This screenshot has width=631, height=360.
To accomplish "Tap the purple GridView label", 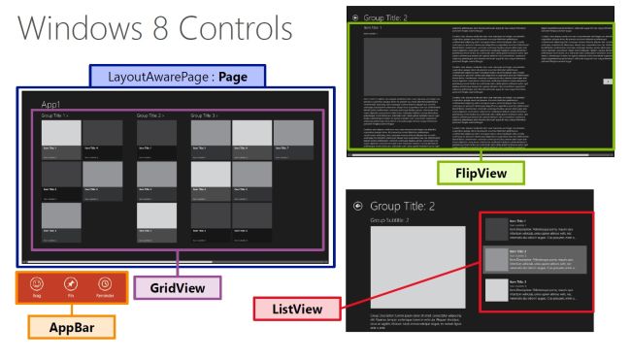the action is [x=178, y=288].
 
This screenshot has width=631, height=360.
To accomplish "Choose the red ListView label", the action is [x=290, y=309].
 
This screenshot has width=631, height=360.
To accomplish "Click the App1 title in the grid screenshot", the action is [x=51, y=103].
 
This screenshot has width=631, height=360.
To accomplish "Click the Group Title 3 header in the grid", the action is [x=205, y=115].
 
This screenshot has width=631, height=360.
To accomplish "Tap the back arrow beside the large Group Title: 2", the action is [x=357, y=207].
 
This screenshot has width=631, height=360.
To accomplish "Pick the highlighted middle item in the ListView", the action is [x=534, y=259].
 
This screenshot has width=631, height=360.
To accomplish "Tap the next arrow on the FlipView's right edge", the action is [x=608, y=82].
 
